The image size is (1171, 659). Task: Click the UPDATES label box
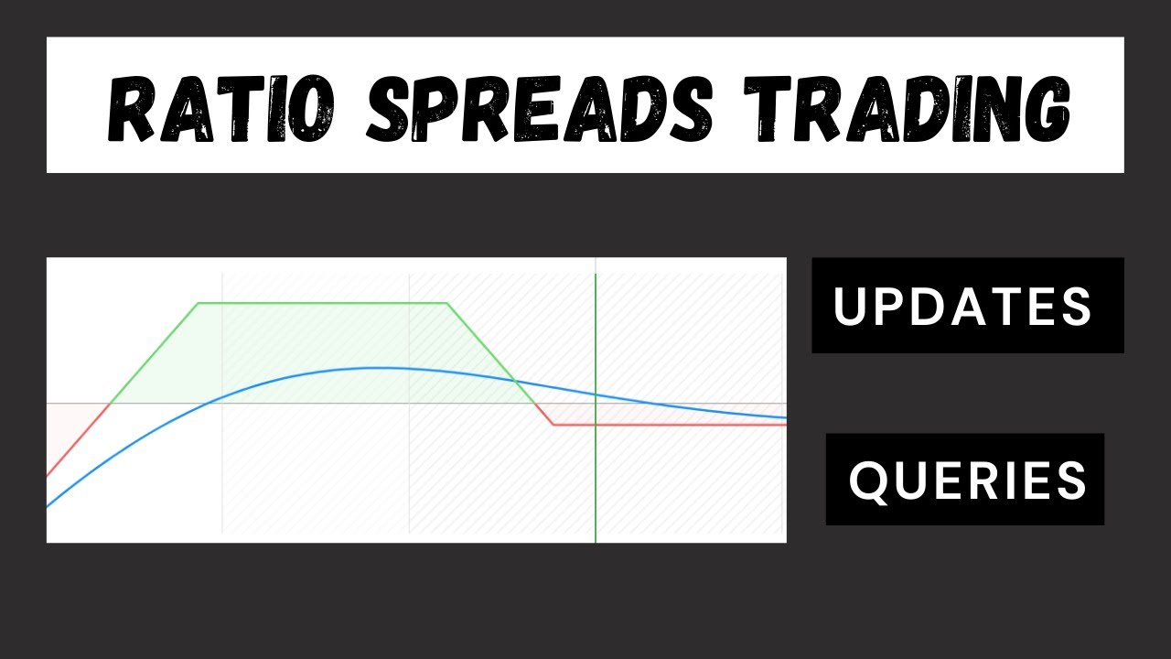(967, 306)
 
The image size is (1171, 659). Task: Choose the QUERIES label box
(965, 480)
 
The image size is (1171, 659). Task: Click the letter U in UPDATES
(850, 307)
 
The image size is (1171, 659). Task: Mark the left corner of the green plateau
(198, 302)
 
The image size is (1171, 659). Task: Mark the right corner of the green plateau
(446, 302)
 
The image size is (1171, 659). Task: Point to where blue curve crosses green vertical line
(596, 394)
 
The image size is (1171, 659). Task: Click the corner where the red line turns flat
(553, 425)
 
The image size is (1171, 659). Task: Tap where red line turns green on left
(111, 403)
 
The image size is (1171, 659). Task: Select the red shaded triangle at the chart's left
(73, 426)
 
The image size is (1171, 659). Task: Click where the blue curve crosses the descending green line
(515, 380)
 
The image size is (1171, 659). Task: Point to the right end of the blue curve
(785, 417)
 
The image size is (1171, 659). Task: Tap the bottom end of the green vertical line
(596, 541)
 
